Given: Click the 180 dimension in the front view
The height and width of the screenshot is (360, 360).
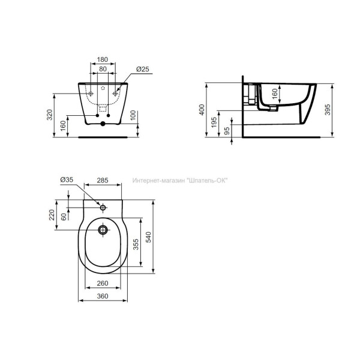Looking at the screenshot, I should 103,60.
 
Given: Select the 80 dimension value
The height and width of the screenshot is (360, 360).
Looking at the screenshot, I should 103,70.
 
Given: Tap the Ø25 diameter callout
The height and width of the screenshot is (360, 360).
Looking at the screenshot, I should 143,70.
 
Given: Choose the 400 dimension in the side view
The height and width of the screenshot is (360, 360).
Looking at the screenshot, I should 203,110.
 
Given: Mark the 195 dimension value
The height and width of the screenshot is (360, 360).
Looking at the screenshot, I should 214,122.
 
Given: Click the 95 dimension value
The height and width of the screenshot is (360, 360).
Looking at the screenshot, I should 226,130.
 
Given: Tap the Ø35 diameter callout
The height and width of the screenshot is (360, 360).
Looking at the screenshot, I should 67,179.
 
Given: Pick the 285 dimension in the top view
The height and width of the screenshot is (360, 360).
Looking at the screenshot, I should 103,179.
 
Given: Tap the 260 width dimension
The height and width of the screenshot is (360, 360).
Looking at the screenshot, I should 103,283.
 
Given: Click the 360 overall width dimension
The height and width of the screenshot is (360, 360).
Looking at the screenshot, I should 103,295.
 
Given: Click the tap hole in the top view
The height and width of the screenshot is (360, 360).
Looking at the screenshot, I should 103,208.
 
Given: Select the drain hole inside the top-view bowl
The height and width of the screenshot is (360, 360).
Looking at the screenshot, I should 103,229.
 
